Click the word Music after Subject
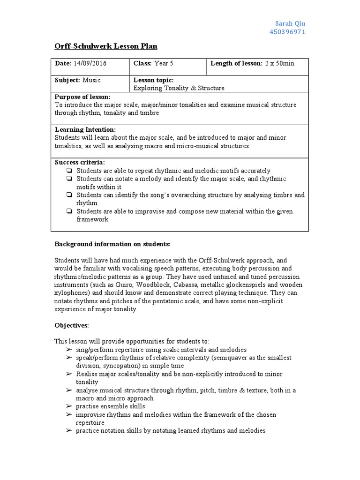coord(92,80)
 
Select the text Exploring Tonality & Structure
coord(179,88)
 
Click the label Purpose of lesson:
coord(82,97)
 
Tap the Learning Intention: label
coord(85,129)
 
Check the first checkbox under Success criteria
coord(69,171)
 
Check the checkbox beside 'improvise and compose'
coord(69,211)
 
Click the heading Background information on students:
coord(112,244)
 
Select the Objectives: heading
coord(71,325)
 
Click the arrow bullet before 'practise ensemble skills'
coord(69,406)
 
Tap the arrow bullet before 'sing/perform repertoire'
coord(69,350)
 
